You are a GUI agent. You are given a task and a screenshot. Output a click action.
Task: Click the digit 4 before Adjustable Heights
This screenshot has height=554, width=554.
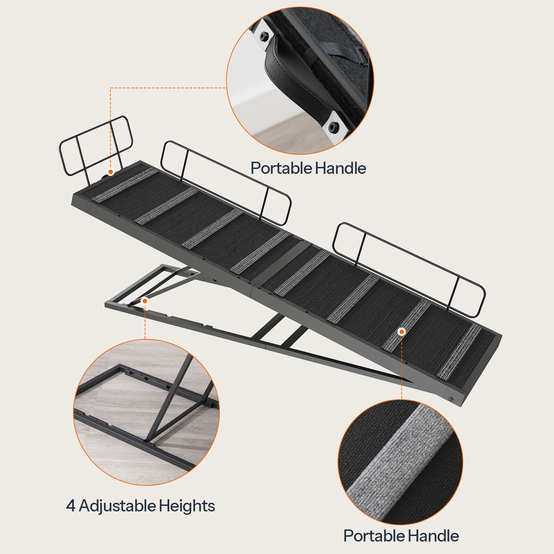70,506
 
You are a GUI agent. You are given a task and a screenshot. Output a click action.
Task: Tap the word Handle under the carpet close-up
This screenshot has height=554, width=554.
433,536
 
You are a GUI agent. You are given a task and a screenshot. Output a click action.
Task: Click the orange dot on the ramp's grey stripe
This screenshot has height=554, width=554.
402,331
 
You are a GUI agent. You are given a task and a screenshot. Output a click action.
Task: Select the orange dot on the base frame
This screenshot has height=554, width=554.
145,301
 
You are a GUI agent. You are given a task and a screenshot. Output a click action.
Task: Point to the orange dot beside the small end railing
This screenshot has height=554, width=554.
110,172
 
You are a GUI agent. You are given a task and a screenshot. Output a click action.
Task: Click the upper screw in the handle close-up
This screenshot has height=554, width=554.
265,36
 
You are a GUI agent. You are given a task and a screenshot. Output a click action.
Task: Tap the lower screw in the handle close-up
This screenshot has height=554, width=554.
333,126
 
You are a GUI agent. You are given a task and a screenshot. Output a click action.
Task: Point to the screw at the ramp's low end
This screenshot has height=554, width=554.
451,398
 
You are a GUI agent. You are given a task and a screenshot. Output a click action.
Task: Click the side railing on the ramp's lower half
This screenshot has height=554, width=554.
409,265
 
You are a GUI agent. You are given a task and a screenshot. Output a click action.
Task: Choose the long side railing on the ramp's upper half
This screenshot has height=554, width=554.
226,181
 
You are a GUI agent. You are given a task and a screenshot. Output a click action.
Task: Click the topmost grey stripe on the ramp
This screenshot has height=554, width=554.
125,185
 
